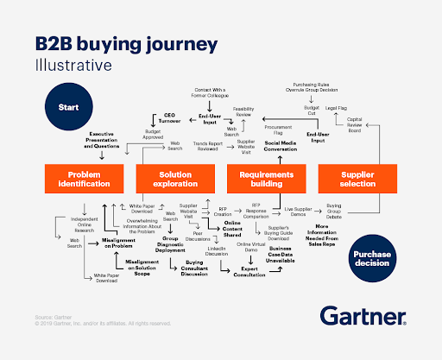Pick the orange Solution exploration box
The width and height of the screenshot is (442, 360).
175,178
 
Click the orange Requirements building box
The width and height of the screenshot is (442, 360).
267,178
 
